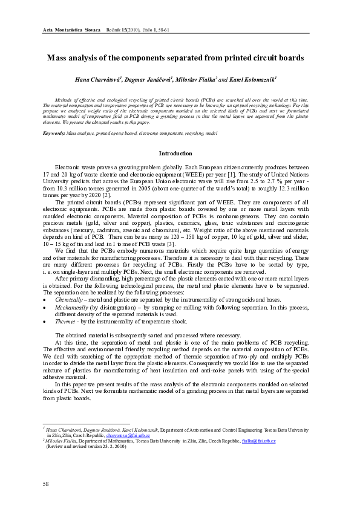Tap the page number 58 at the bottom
point(46,484)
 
